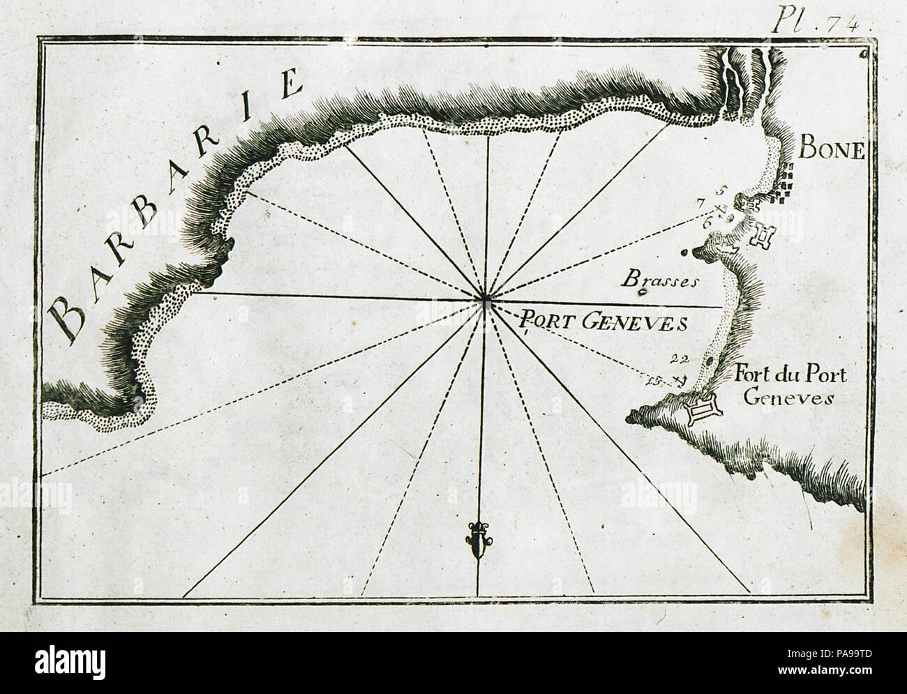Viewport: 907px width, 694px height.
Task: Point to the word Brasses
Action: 659,280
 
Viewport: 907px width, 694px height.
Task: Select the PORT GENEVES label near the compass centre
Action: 604,322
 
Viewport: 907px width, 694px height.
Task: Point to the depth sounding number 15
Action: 654,380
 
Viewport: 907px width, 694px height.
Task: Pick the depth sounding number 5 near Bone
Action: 721,190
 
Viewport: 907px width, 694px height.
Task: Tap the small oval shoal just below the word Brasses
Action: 643,294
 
